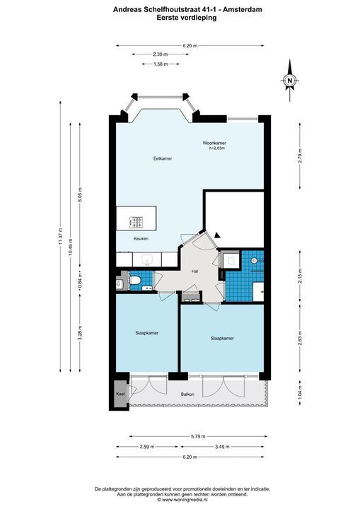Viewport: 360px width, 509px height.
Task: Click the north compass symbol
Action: click(x=289, y=80)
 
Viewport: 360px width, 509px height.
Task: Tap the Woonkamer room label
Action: click(x=214, y=143)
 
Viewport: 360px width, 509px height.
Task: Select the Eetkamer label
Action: click(x=163, y=159)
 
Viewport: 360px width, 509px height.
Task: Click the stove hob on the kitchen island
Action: click(x=136, y=222)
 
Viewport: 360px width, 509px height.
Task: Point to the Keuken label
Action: click(x=141, y=239)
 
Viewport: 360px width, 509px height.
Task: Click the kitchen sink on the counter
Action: click(x=147, y=259)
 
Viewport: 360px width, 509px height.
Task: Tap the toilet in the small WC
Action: click(x=135, y=280)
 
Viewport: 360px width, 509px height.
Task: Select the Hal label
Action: click(x=194, y=271)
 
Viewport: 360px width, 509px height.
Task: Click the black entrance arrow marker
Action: click(x=217, y=235)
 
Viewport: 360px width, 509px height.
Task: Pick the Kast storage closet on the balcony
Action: click(x=120, y=394)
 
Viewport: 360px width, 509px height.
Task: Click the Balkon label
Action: click(x=187, y=394)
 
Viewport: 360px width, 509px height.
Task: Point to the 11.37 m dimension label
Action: click(x=60, y=237)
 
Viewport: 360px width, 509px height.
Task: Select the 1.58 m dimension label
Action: click(x=161, y=64)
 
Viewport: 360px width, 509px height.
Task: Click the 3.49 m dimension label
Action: click(x=222, y=447)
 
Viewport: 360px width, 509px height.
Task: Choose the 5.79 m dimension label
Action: click(x=198, y=437)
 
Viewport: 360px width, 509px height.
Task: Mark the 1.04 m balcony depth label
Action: click(x=300, y=392)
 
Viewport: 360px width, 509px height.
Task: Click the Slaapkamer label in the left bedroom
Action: click(x=147, y=333)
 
